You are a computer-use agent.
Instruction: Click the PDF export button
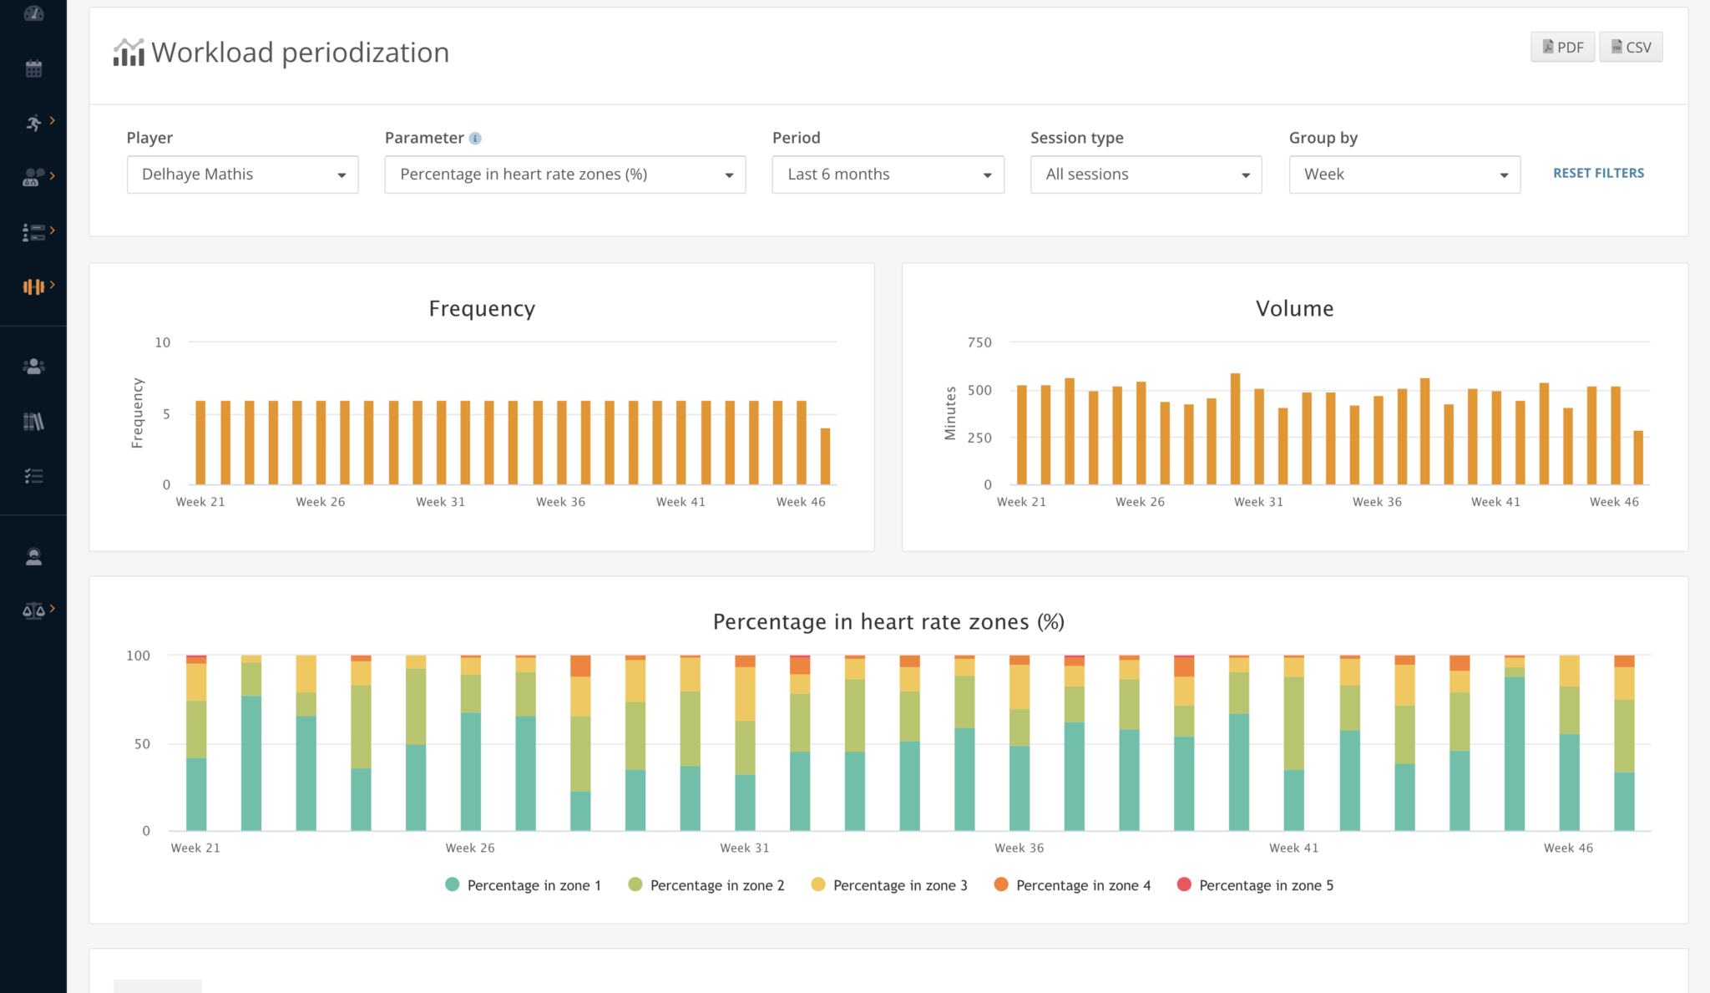[1562, 48]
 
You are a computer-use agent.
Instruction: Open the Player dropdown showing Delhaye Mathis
[242, 175]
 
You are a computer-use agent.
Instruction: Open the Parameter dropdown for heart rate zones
[564, 175]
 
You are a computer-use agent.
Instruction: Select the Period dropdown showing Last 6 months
[888, 175]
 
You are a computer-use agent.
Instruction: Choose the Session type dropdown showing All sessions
[1146, 175]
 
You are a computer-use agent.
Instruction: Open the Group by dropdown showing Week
[1404, 175]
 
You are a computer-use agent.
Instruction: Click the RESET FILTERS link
[1598, 173]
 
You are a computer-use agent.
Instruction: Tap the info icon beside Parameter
[475, 139]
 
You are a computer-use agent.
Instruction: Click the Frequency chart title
[482, 309]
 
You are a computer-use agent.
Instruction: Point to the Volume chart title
[1294, 309]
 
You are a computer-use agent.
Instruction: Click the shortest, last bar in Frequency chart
[825, 456]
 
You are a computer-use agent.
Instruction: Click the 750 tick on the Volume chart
[979, 342]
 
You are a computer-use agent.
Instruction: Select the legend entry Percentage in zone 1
[524, 885]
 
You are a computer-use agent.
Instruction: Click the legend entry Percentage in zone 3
[889, 885]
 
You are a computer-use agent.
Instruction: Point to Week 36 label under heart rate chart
[1019, 848]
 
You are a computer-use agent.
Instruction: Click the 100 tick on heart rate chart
[138, 656]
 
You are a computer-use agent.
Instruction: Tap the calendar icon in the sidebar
[33, 68]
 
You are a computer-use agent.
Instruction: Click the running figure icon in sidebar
[33, 123]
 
